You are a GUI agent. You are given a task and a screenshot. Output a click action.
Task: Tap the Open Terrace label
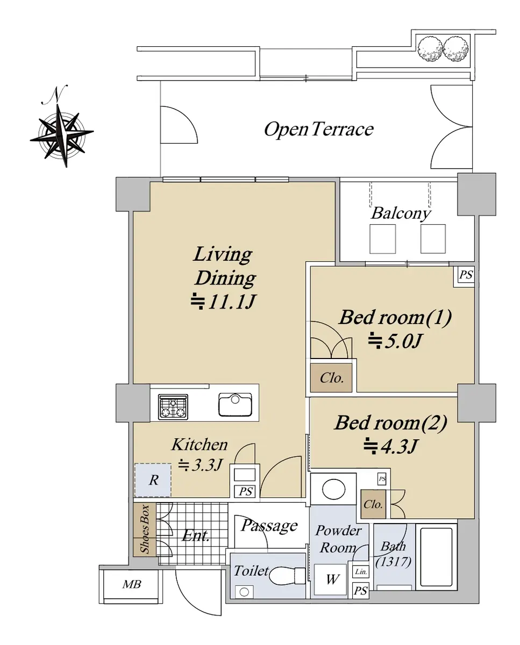tap(319, 130)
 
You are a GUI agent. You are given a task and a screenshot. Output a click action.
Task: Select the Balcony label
tap(401, 214)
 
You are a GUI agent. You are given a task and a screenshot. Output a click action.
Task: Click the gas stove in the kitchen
tap(173, 407)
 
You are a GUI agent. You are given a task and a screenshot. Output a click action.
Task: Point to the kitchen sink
tap(235, 404)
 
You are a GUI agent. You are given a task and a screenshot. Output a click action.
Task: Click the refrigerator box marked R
tap(153, 480)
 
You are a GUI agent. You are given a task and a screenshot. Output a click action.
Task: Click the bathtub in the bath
tap(436, 557)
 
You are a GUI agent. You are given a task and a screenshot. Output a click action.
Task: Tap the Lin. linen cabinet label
tap(361, 572)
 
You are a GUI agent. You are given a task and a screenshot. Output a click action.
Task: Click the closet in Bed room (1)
tap(331, 378)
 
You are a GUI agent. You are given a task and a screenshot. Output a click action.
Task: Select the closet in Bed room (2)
tap(373, 504)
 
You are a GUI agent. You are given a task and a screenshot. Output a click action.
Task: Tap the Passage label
tap(269, 526)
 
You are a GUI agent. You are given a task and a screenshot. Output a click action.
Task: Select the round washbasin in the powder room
tap(333, 489)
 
